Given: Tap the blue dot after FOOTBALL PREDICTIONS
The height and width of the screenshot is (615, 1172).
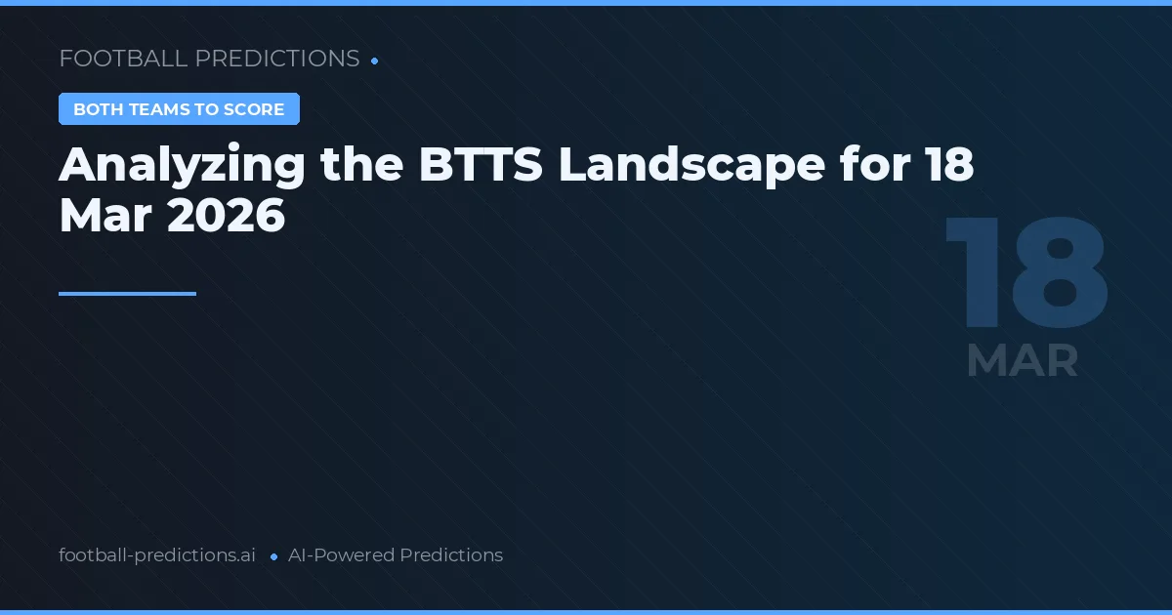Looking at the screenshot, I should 375,61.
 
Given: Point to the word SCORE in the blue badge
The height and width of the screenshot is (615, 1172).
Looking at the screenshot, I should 255,109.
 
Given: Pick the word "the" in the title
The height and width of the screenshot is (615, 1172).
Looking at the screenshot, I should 361,166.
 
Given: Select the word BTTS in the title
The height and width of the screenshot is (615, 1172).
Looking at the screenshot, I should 481,166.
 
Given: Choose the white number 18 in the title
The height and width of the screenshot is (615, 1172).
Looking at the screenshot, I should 949,166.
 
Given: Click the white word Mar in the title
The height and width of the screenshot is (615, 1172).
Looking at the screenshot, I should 105,217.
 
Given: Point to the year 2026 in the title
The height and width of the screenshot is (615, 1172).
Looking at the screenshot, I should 226,217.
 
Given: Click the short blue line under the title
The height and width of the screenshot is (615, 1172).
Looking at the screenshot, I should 127,293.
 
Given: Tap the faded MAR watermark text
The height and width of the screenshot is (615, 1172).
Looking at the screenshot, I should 1022,361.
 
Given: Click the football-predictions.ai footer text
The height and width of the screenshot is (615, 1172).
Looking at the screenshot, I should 157,555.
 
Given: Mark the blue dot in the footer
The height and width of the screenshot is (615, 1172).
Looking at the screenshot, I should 273,556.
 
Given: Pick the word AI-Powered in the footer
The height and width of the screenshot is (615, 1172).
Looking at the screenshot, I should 341,555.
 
